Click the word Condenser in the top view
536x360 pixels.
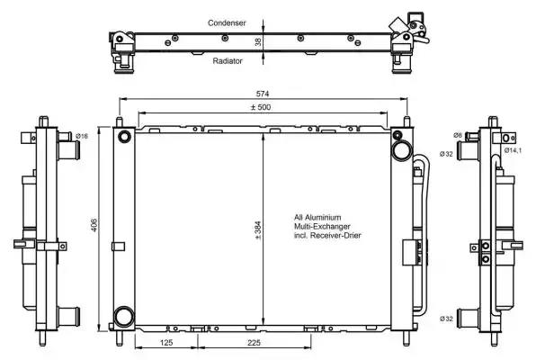click(227, 22)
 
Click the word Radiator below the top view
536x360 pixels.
click(228, 61)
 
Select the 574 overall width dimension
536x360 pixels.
click(263, 94)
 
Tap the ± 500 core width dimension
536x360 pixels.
click(261, 107)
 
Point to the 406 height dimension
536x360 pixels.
click(94, 225)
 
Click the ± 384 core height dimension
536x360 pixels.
click(258, 230)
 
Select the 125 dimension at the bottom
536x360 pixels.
click(166, 342)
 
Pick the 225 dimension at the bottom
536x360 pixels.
click(254, 342)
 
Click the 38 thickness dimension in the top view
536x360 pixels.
click(258, 41)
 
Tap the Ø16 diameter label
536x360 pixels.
click(82, 136)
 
